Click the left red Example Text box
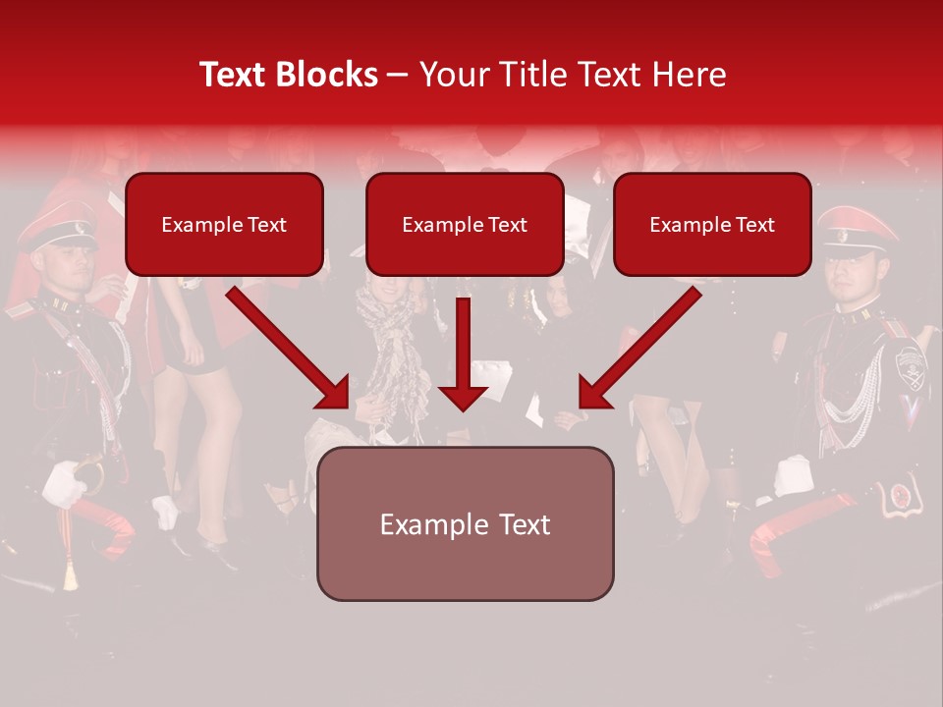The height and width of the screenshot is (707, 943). tap(224, 225)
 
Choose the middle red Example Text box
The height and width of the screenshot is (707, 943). tap(465, 225)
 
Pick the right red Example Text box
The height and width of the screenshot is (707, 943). tap(712, 225)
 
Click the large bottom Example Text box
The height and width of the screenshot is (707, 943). tap(465, 524)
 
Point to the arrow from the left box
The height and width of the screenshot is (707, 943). tap(290, 349)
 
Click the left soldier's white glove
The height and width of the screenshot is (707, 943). tap(65, 483)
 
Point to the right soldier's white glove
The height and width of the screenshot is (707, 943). tap(792, 475)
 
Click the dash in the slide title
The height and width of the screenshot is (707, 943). tap(398, 76)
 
